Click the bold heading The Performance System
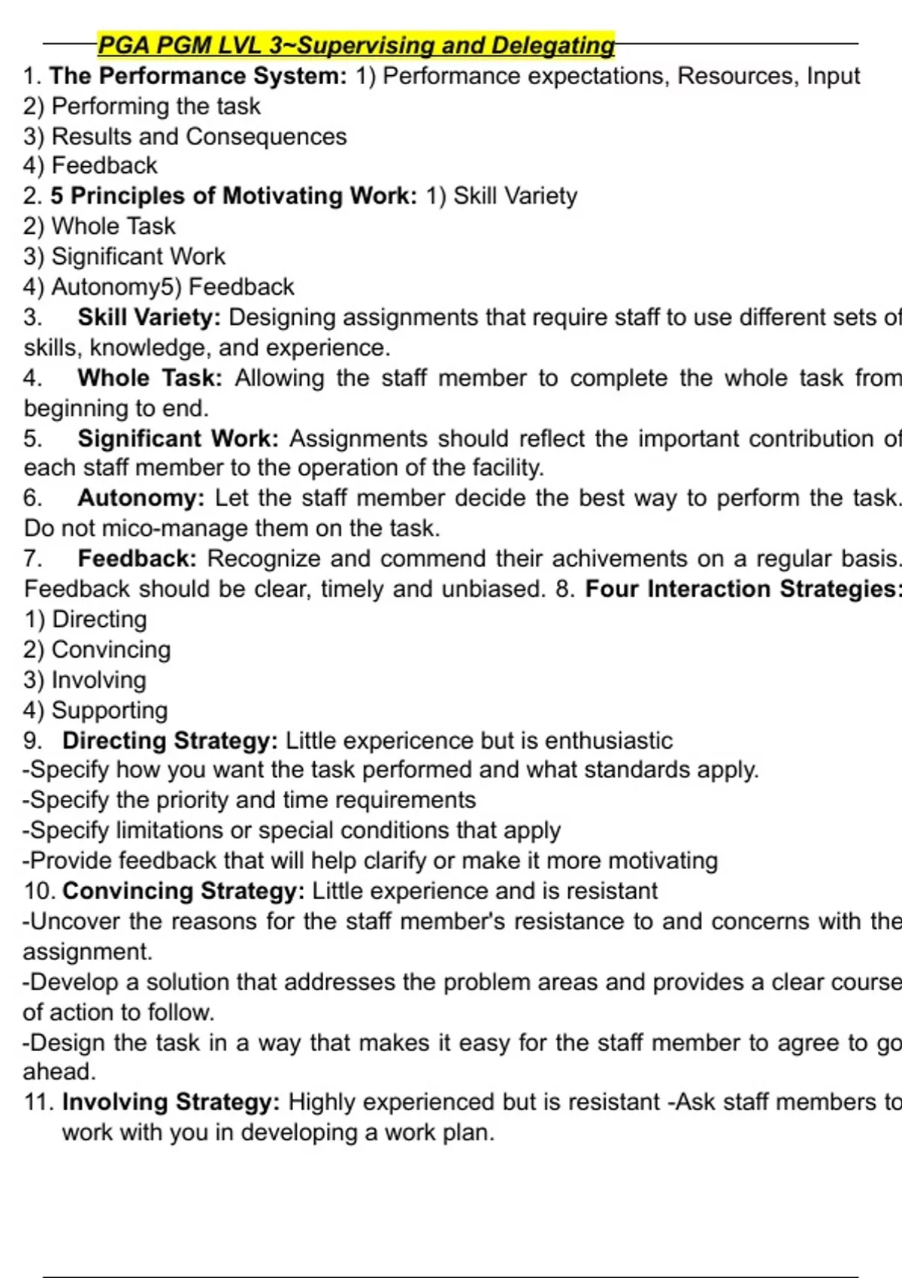pyautogui.click(x=198, y=76)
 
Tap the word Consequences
pyautogui.click(x=266, y=137)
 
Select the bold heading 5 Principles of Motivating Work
pyautogui.click(x=233, y=196)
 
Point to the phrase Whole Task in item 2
pyautogui.click(x=113, y=226)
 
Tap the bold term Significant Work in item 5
pyautogui.click(x=177, y=438)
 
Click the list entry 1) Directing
pyautogui.click(x=86, y=619)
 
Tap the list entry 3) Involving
pyautogui.click(x=85, y=680)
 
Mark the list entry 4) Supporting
pyautogui.click(x=95, y=710)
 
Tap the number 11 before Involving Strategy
pyautogui.click(x=38, y=1102)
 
